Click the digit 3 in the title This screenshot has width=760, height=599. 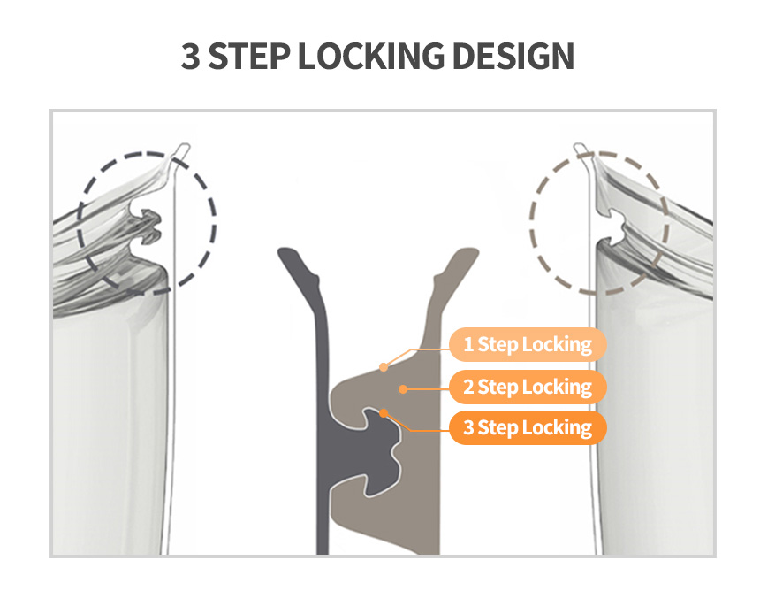click(x=190, y=57)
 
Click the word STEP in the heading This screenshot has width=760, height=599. click(x=249, y=57)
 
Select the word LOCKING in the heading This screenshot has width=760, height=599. click(x=371, y=57)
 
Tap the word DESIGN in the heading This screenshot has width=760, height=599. click(x=513, y=57)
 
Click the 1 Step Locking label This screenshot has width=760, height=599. click(x=528, y=345)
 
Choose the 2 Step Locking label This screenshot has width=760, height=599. click(x=528, y=387)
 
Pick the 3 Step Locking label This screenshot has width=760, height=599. click(x=528, y=428)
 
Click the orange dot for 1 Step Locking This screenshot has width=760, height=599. click(x=384, y=367)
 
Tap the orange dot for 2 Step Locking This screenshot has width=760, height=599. click(x=403, y=388)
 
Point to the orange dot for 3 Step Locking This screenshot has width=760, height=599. click(x=384, y=413)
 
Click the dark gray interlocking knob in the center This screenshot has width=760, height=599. click(x=378, y=451)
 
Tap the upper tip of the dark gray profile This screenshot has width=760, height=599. click(x=287, y=252)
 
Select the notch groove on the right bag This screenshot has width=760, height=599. click(x=613, y=226)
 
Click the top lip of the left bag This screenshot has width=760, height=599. click(x=181, y=150)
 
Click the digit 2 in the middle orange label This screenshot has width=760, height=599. click(x=468, y=387)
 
